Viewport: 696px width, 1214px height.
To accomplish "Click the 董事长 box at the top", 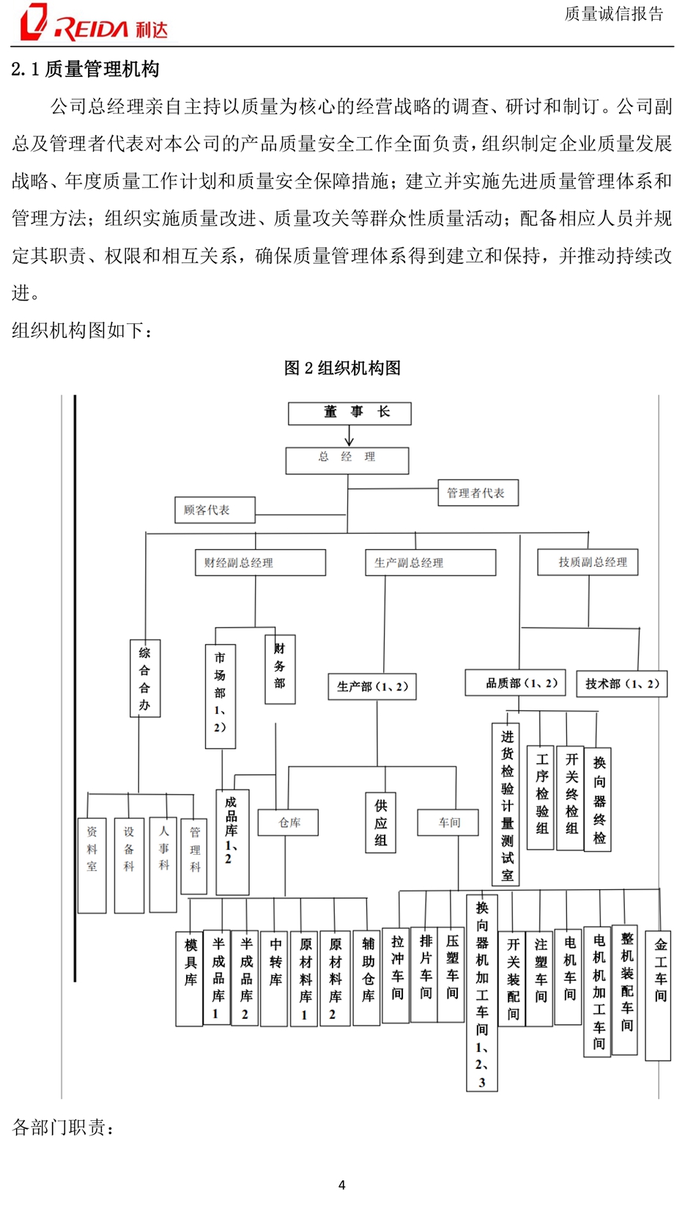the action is coord(349,413).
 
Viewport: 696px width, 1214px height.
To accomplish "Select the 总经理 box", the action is coord(347,460).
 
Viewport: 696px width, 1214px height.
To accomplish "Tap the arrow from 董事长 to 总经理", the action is coord(349,435).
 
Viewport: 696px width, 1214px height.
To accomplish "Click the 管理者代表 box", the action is coord(478,492).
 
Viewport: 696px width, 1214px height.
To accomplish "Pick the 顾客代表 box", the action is coord(215,509).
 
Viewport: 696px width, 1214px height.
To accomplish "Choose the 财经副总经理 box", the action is coord(261,562).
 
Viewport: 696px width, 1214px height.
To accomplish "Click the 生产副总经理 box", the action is coord(431,562).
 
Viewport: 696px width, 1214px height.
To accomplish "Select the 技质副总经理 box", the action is coord(588,562).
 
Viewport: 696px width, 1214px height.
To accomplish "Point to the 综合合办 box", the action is coord(145,678).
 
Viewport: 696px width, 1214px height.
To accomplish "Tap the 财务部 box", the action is coord(280,669).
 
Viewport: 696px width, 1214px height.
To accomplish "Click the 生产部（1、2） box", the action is coord(372,686).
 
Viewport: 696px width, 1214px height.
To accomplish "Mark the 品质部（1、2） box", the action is coord(515,683).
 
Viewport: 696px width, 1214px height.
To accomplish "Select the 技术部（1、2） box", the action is coord(622,683).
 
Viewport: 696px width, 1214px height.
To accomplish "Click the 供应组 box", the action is coord(380,823).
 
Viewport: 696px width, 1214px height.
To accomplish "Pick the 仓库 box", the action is coord(288,822).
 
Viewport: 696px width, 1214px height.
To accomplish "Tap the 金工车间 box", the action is coord(658,996).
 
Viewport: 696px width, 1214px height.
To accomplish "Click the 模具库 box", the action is coord(190,979).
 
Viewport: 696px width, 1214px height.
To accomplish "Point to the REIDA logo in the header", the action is coord(94,23).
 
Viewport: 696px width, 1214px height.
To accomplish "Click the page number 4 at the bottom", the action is coord(341,1185).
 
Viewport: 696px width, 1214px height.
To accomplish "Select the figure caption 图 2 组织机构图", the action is coord(342,368).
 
